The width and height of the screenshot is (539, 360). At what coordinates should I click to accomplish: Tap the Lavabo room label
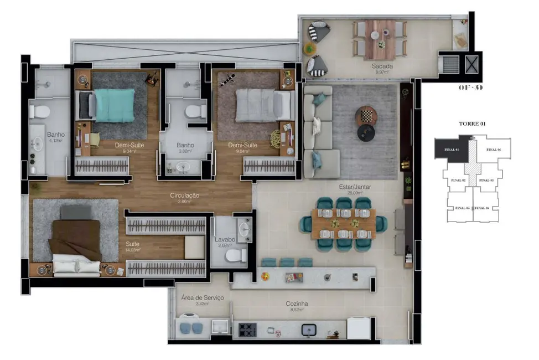click(225, 239)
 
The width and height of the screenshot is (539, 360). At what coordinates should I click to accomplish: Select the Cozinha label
click(297, 304)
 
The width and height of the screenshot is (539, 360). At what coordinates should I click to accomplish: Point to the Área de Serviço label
click(203, 297)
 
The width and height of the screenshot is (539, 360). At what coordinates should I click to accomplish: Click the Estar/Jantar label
click(355, 187)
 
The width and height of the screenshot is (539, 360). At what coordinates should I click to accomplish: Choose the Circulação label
click(184, 196)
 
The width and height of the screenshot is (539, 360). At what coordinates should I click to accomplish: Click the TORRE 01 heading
click(472, 124)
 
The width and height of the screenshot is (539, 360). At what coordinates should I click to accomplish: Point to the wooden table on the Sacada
click(380, 39)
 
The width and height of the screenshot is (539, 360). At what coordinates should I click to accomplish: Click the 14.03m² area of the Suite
click(132, 250)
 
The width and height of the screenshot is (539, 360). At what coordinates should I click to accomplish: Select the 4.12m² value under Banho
click(55, 141)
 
